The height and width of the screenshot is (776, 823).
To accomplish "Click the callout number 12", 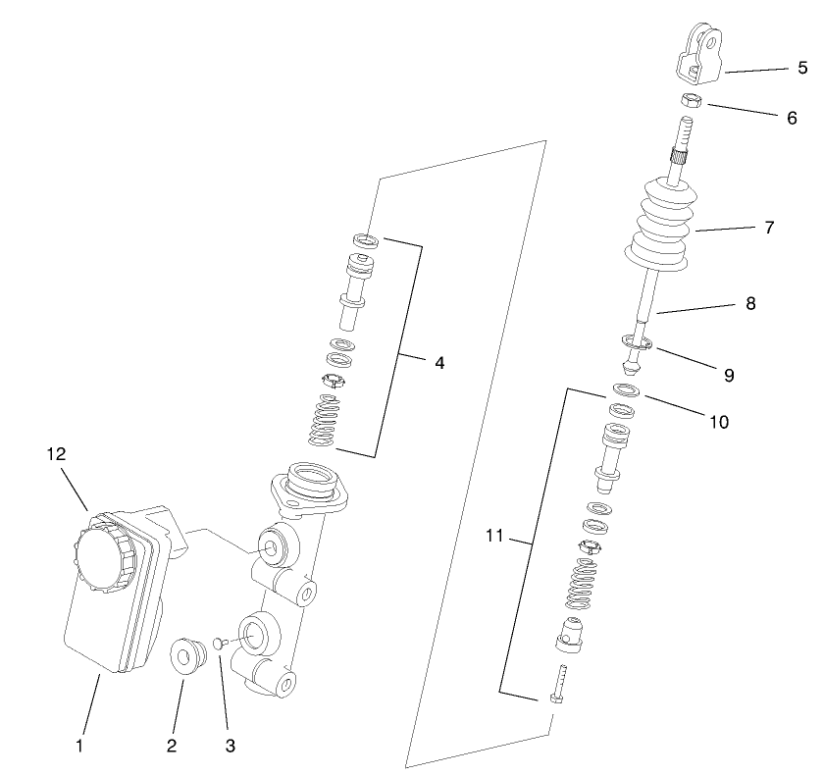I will click(57, 453).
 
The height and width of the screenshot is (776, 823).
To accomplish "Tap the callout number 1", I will click(79, 746).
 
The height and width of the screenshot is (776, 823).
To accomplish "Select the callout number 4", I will click(439, 363).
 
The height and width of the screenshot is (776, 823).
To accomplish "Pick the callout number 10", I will click(718, 422).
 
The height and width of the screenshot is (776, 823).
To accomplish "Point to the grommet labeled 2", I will click(185, 655).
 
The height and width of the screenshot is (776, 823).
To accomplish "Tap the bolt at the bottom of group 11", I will click(559, 684).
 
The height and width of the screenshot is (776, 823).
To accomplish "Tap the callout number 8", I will click(750, 304).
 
